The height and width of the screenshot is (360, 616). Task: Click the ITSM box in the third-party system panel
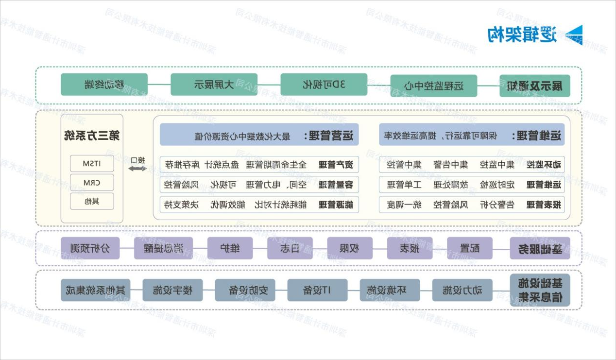click(92, 164)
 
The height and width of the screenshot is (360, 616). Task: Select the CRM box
click(92, 183)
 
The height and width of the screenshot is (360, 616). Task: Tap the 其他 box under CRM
click(92, 201)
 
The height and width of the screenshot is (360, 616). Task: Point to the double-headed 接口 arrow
click(137, 168)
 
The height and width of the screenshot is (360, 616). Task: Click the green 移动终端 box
click(104, 85)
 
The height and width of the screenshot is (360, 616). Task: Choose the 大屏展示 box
click(214, 85)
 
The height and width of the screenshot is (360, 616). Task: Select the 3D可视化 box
click(324, 85)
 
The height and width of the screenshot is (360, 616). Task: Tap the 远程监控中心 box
click(434, 86)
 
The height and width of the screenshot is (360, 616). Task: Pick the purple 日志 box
click(290, 248)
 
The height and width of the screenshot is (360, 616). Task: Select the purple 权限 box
click(350, 248)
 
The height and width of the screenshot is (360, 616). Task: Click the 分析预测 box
click(90, 248)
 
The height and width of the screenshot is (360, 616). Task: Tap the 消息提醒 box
click(163, 248)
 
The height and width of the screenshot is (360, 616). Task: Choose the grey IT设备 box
click(316, 290)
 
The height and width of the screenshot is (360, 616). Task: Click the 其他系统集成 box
click(95, 290)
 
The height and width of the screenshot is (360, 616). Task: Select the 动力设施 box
click(462, 290)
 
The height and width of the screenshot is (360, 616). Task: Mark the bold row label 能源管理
click(339, 205)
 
